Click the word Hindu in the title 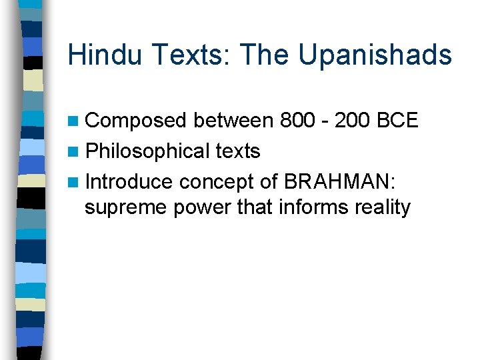104,55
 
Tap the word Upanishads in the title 375,55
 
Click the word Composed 137,121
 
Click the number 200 353,121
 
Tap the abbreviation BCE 398,121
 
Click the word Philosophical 148,151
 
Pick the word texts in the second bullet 238,151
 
